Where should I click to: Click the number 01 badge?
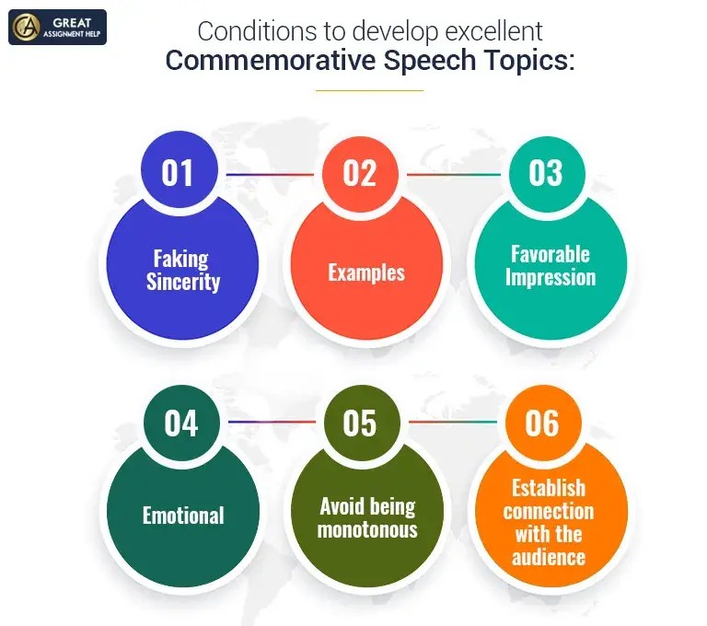pyautogui.click(x=180, y=172)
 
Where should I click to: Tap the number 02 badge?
pyautogui.click(x=360, y=172)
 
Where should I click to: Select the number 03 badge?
pyautogui.click(x=545, y=172)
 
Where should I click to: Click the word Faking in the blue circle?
pyautogui.click(x=180, y=259)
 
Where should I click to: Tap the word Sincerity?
pyautogui.click(x=183, y=281)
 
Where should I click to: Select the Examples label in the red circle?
pyautogui.click(x=366, y=272)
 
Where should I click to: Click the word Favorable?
pyautogui.click(x=551, y=253)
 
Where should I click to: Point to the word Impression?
pyautogui.click(x=551, y=276)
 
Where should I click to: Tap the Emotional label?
pyautogui.click(x=183, y=515)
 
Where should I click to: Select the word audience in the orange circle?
pyautogui.click(x=549, y=556)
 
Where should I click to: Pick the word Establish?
pyautogui.click(x=550, y=487)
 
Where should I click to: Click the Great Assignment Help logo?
pyautogui.click(x=57, y=28)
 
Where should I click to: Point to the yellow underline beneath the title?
pyautogui.click(x=369, y=90)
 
